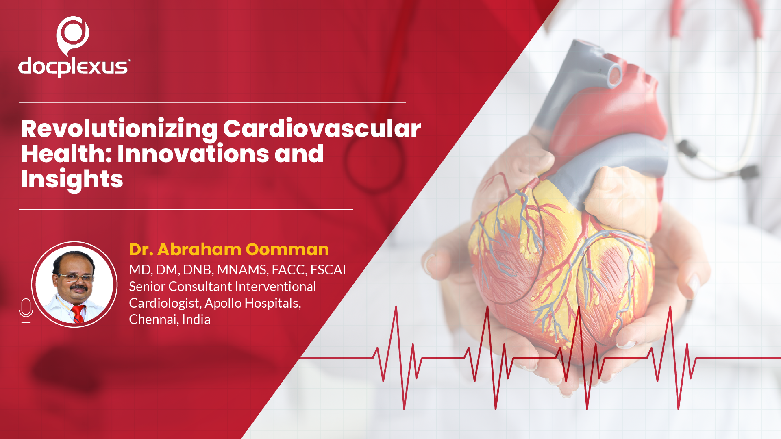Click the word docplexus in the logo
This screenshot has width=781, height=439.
74,67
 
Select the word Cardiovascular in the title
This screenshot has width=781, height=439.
322,129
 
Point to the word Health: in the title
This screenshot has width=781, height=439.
66,154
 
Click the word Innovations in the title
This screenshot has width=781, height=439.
193,154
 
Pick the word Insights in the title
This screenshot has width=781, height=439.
72,180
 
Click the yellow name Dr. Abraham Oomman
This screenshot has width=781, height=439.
229,250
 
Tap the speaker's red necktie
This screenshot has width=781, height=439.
78,314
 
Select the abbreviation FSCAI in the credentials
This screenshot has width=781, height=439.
328,270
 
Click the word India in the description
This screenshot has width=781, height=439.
196,320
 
